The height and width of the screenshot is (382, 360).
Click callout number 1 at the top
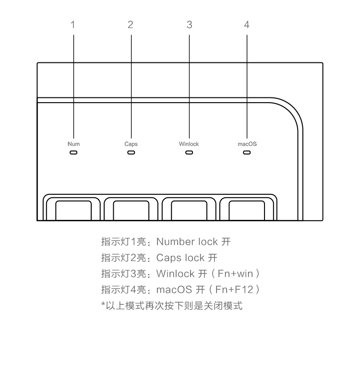pyautogui.click(x=72, y=24)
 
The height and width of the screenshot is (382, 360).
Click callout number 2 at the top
pyautogui.click(x=131, y=24)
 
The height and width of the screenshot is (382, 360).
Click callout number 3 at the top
pyautogui.click(x=190, y=24)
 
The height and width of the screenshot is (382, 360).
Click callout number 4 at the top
pyautogui.click(x=247, y=24)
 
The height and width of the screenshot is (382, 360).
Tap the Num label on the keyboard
pyautogui.click(x=73, y=144)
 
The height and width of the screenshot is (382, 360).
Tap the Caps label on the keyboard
pyautogui.click(x=131, y=144)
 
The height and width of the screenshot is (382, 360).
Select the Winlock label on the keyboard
pyautogui.click(x=189, y=144)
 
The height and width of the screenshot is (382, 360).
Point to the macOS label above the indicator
pyautogui.click(x=247, y=144)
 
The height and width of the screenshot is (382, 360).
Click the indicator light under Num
pyautogui.click(x=73, y=153)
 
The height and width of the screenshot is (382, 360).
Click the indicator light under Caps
pyautogui.click(x=131, y=153)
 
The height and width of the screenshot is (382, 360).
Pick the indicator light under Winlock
pyautogui.click(x=189, y=153)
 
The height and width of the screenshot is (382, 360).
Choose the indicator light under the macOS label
pyautogui.click(x=247, y=153)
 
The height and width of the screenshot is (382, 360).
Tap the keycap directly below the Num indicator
pyautogui.click(x=73, y=210)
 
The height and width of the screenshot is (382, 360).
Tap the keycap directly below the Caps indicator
pyautogui.click(x=131, y=210)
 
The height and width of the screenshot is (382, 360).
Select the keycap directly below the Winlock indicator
pyautogui.click(x=189, y=210)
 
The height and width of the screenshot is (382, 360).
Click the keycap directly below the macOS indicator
pyautogui.click(x=247, y=210)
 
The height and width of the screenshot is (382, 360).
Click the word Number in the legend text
pyautogui.click(x=175, y=242)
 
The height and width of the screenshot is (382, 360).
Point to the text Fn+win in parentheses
pyautogui.click(x=235, y=274)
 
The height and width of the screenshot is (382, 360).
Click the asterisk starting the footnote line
pyautogui.click(x=103, y=304)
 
